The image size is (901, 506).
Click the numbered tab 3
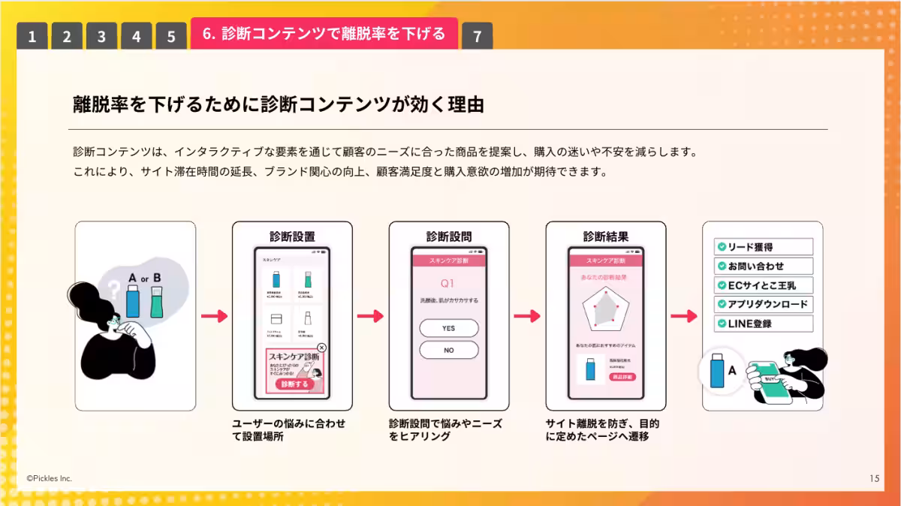tap(101, 36)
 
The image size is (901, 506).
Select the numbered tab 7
tap(477, 36)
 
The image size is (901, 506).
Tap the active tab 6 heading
tap(324, 34)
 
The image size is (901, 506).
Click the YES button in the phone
tap(448, 328)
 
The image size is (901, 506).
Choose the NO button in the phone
tap(448, 350)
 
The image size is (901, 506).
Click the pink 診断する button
tap(294, 384)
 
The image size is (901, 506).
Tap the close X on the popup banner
tap(321, 348)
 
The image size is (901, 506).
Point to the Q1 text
tap(447, 284)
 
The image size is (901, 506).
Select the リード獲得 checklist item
tap(764, 247)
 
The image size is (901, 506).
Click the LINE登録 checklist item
tap(764, 324)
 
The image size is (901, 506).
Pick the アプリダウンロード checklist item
tap(764, 304)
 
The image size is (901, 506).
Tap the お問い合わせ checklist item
tap(764, 266)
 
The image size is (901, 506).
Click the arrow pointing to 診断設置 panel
tap(214, 316)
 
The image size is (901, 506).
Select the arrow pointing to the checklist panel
tap(683, 316)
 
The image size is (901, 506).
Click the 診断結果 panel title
tap(605, 236)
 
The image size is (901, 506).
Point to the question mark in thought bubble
tap(113, 288)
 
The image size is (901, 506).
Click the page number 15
tap(874, 478)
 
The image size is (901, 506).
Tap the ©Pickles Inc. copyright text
tap(50, 478)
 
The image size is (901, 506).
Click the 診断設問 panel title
tap(448, 236)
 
